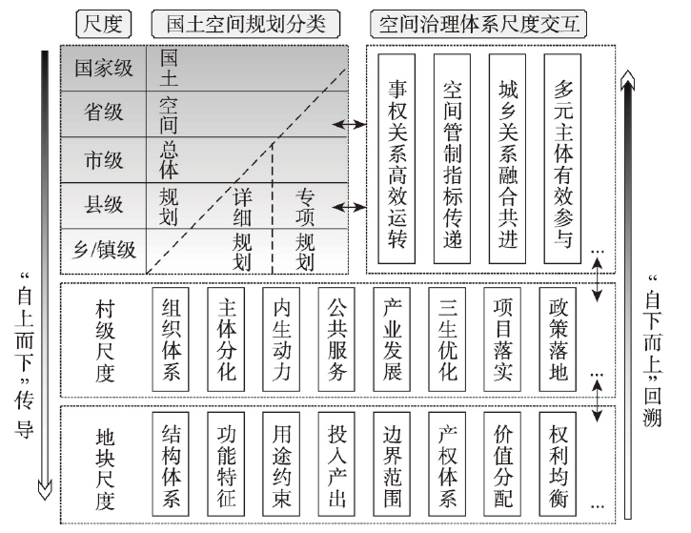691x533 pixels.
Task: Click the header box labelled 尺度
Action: (x=104, y=24)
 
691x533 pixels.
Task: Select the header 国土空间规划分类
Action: (x=246, y=24)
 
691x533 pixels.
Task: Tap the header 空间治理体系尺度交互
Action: (x=478, y=24)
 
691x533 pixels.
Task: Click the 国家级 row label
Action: (x=104, y=69)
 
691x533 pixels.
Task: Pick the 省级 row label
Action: (x=104, y=113)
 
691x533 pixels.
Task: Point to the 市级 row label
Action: (x=104, y=159)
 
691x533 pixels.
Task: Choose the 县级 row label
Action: (x=104, y=205)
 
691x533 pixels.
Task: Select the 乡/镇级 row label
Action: (x=105, y=251)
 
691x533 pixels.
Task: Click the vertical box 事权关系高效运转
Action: (x=396, y=158)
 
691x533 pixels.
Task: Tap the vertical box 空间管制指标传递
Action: (x=452, y=158)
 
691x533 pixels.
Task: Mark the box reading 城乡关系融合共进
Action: (x=507, y=158)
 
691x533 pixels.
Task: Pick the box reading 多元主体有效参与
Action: (x=562, y=158)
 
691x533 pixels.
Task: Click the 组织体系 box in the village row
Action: (x=171, y=339)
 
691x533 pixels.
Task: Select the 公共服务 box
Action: (x=336, y=339)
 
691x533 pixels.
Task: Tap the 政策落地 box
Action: (x=558, y=339)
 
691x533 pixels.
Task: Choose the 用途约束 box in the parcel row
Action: (x=281, y=464)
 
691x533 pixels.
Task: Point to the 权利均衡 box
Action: (x=558, y=464)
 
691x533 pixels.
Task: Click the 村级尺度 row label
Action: (x=105, y=340)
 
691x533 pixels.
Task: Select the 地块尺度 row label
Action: (x=105, y=468)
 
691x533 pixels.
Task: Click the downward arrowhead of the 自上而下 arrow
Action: (x=45, y=490)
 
